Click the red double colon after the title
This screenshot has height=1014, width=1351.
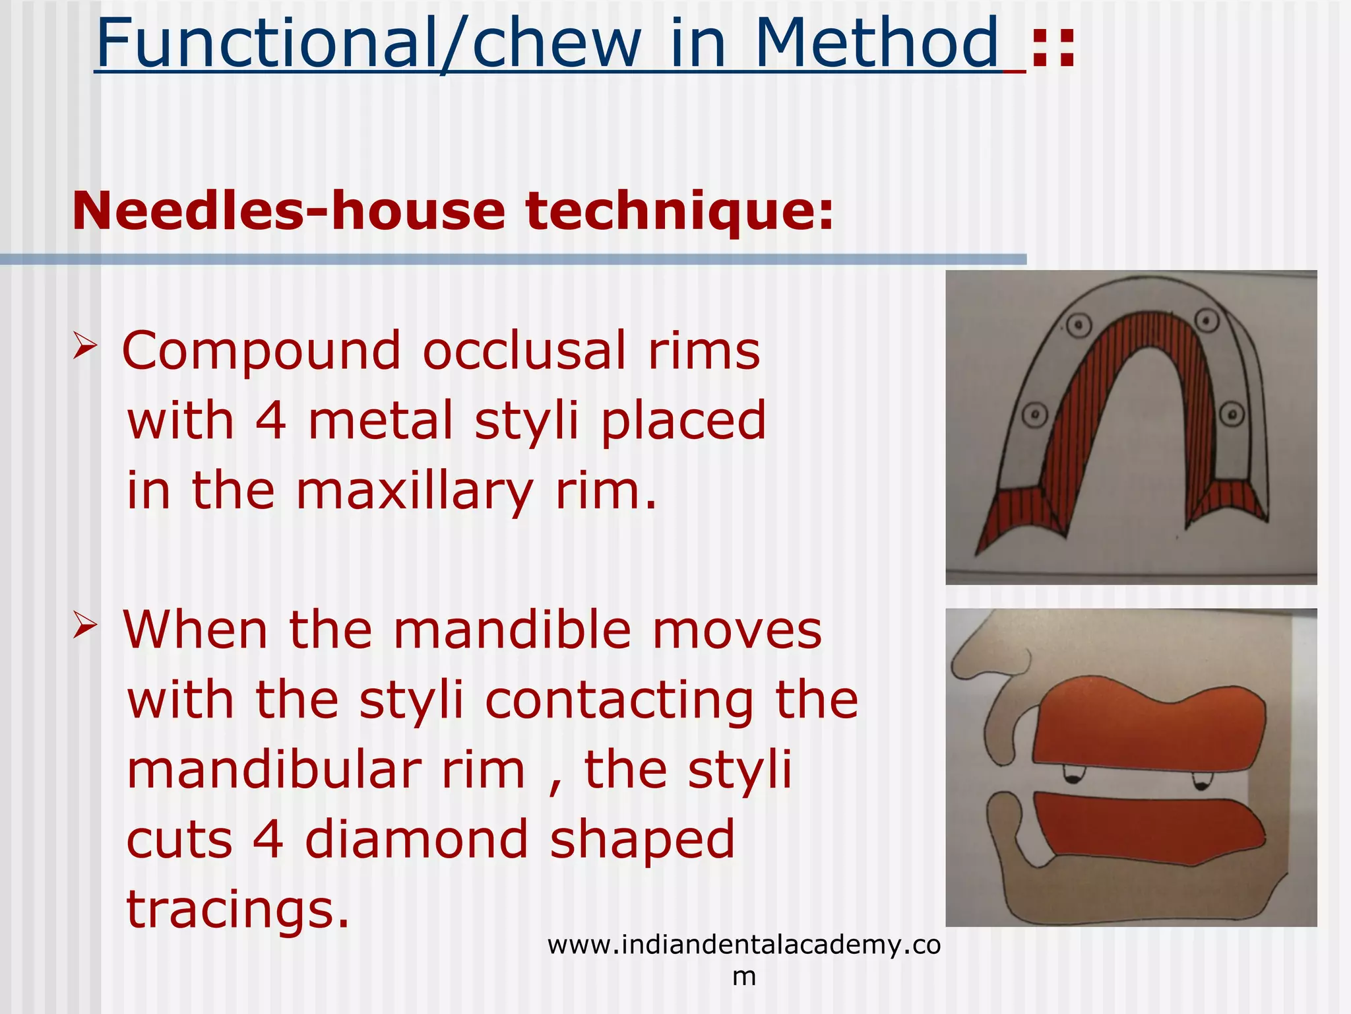coord(1053,48)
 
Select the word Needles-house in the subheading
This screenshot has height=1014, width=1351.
coord(288,211)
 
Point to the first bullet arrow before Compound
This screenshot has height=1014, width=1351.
coord(85,346)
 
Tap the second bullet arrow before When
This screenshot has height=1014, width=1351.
coord(85,625)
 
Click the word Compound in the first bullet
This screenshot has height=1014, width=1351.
coord(261,351)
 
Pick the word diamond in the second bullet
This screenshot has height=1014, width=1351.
coord(417,839)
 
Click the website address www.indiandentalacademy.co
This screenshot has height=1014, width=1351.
coord(743,945)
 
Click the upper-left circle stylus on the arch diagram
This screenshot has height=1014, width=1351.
coord(1078,325)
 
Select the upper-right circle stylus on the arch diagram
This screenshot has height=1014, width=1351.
coord(1207,321)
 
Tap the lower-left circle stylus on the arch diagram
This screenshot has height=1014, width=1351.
coord(1035,415)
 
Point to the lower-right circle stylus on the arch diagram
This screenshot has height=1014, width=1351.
coord(1232,415)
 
